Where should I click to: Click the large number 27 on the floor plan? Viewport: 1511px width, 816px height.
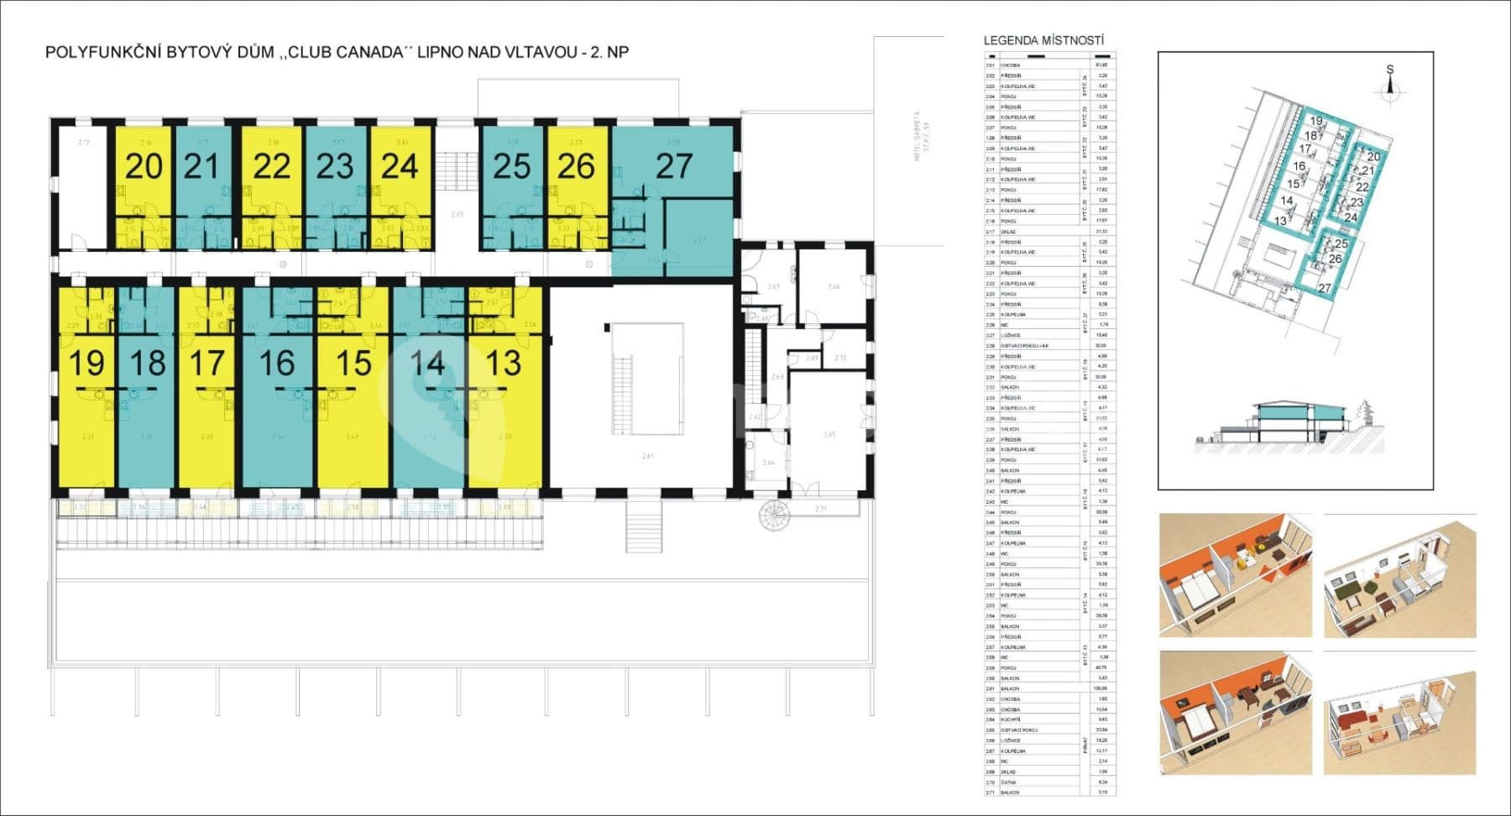tap(673, 166)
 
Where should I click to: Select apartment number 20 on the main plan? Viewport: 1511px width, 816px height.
tap(144, 166)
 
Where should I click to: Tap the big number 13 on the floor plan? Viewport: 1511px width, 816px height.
tap(503, 364)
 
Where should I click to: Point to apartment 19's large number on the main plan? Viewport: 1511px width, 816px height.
tap(86, 364)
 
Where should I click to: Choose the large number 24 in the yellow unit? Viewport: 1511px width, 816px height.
tap(399, 166)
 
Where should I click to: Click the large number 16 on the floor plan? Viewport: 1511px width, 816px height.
tap(276, 364)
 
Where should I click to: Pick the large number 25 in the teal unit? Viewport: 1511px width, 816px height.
tap(511, 166)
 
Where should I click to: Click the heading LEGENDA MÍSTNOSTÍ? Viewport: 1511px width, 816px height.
tap(1043, 40)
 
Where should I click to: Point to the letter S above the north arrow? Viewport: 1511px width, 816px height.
tap(1389, 71)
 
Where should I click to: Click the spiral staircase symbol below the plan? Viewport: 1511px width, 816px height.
tap(771, 515)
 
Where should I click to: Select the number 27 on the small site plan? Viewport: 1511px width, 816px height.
tap(1325, 288)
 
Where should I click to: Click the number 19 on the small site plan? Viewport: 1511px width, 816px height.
tap(1315, 121)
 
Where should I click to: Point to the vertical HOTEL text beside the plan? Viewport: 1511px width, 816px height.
tap(918, 135)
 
